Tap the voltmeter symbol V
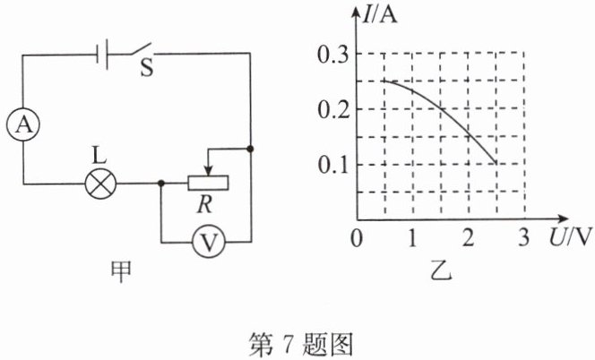tap(207, 242)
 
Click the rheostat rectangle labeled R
tap(208, 184)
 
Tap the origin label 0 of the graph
tap(358, 239)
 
